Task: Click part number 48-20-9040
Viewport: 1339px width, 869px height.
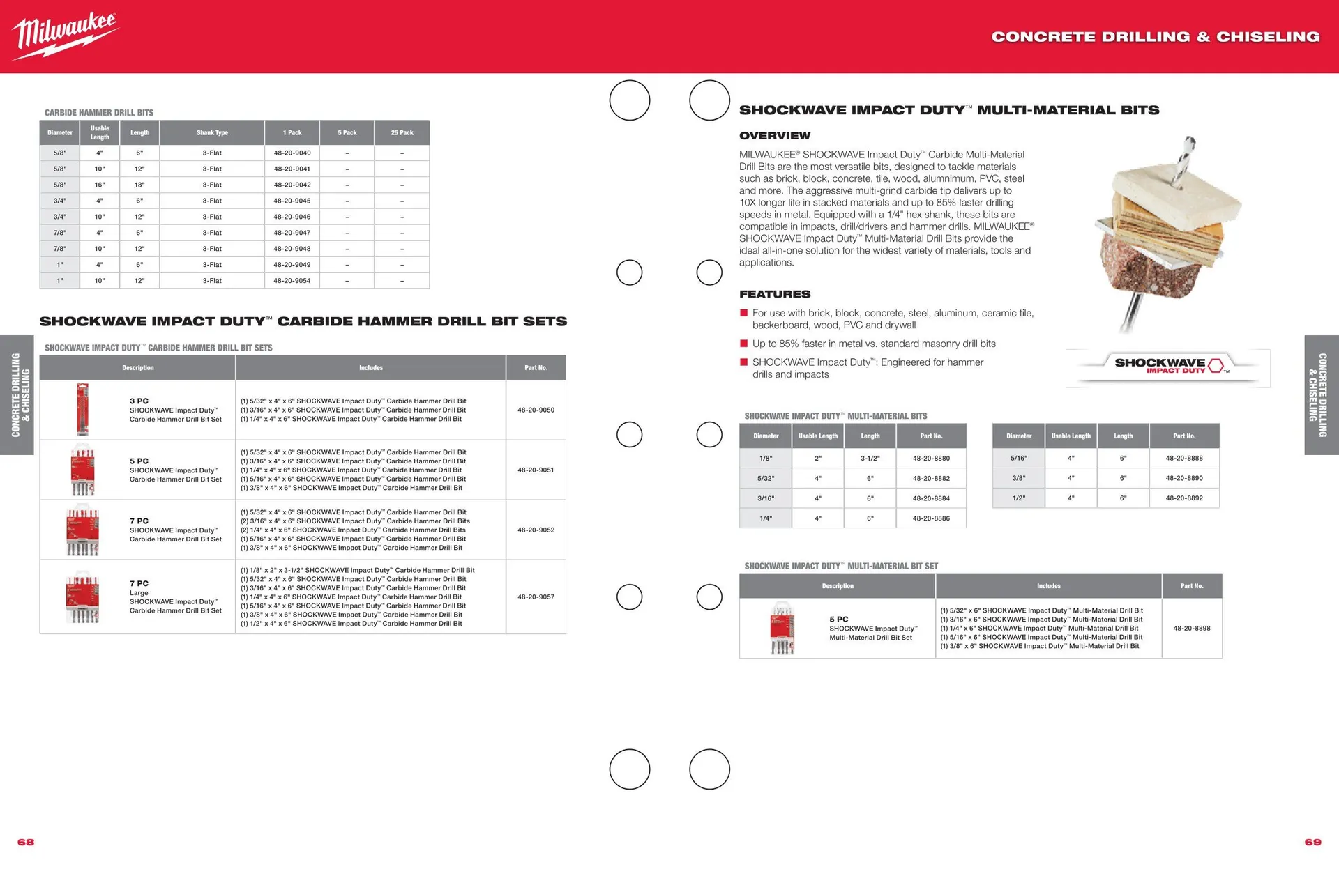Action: click(292, 153)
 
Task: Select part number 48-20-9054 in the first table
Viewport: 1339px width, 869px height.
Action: click(292, 281)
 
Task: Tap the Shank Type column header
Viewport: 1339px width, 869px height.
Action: click(212, 132)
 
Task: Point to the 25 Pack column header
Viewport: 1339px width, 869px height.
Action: click(402, 132)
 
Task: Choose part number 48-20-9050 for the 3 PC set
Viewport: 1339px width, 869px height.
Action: click(536, 410)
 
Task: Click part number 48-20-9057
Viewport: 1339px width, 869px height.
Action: click(536, 597)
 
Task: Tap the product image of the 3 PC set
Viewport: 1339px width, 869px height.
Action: click(83, 409)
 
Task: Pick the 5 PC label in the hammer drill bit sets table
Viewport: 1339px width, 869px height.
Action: click(139, 461)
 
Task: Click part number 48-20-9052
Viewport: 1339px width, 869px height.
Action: click(536, 530)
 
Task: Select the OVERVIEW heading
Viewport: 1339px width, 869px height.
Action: click(774, 136)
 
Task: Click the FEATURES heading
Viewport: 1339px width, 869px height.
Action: click(774, 294)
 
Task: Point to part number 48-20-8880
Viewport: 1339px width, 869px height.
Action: click(931, 458)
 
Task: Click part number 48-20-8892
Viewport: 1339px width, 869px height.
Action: click(1184, 498)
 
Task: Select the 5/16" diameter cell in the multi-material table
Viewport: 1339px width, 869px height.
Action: click(1018, 458)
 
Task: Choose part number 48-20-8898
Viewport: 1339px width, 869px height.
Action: click(1191, 628)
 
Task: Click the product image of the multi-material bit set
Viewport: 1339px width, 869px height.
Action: click(782, 628)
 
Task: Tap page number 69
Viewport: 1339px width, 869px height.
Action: click(1312, 842)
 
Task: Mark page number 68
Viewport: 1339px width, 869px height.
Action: click(26, 842)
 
